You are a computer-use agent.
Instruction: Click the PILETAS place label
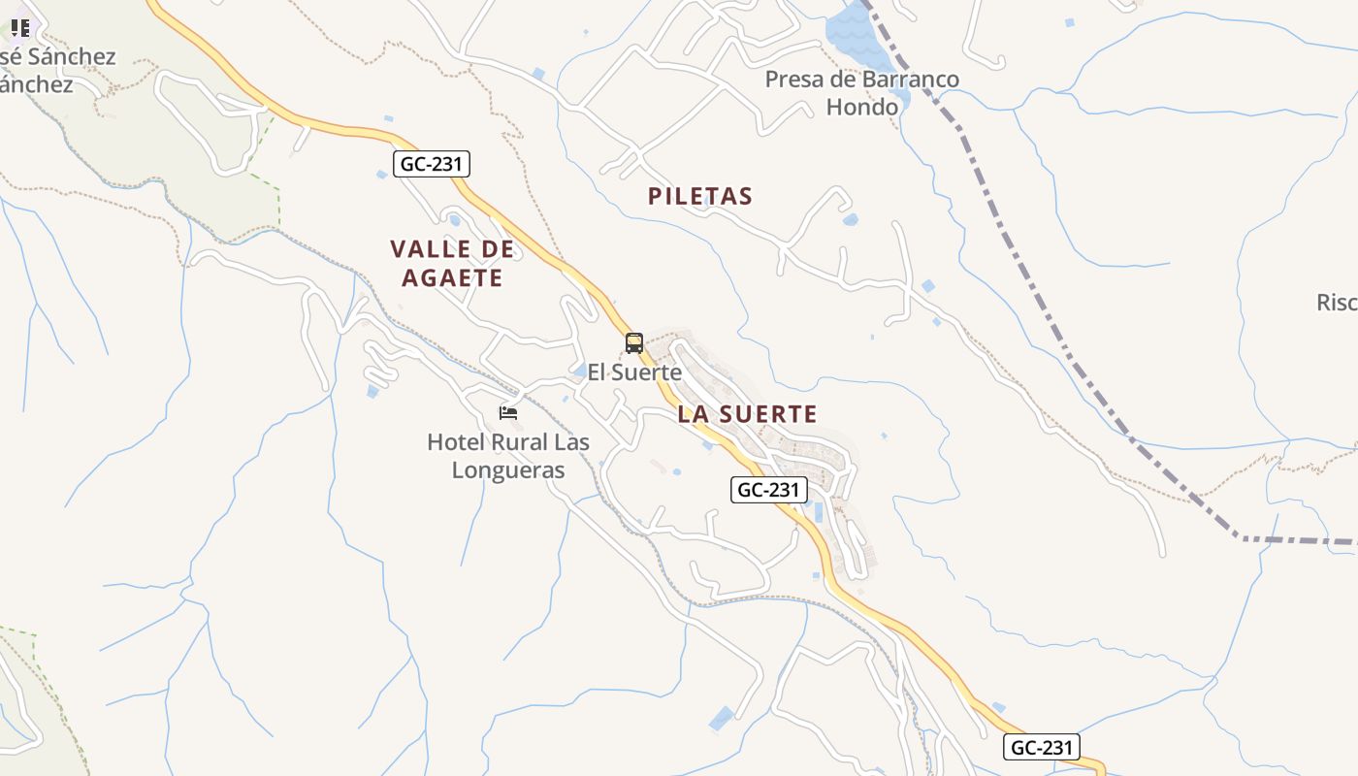pos(699,196)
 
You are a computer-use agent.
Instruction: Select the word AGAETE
pos(453,278)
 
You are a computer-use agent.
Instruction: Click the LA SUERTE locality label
pos(747,414)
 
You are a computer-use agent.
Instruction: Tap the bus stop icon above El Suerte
pos(634,342)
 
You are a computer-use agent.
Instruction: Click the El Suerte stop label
pos(634,372)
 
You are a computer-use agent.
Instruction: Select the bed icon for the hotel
pos(508,413)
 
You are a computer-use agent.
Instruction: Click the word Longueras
pos(508,470)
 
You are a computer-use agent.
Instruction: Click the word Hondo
pos(861,107)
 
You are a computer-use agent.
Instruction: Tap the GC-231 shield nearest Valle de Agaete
pos(432,164)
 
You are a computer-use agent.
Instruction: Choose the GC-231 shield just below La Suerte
pos(768,490)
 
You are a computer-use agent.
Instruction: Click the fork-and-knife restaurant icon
pos(19,27)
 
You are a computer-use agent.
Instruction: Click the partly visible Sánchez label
pos(58,56)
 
